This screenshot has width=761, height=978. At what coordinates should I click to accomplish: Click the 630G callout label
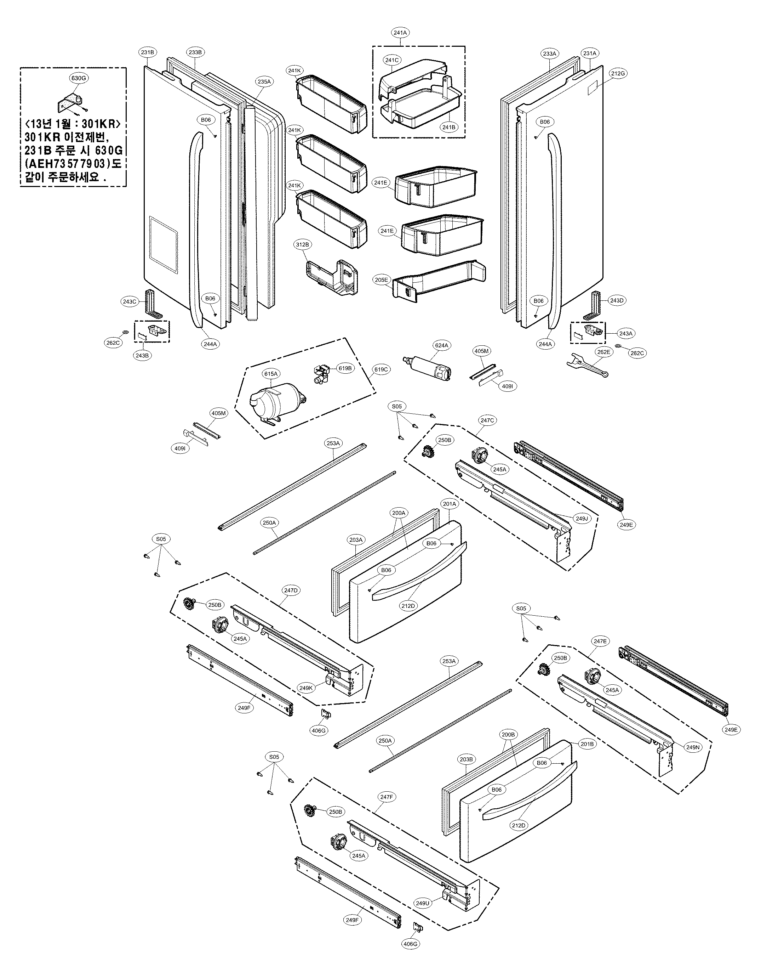coord(78,78)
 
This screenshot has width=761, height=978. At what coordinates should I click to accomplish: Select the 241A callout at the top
coord(400,33)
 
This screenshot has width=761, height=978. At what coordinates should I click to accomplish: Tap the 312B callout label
coord(302,244)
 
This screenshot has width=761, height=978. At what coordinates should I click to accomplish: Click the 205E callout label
coord(381,279)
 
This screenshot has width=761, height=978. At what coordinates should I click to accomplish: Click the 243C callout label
coord(129,301)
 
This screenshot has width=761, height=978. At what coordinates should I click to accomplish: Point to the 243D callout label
coord(617,300)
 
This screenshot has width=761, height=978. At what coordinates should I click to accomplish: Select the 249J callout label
coord(581,519)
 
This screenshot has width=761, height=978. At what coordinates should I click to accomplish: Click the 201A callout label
coord(449,504)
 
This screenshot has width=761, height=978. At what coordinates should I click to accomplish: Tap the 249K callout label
coord(306,688)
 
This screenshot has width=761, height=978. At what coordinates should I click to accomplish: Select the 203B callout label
coord(466,759)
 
